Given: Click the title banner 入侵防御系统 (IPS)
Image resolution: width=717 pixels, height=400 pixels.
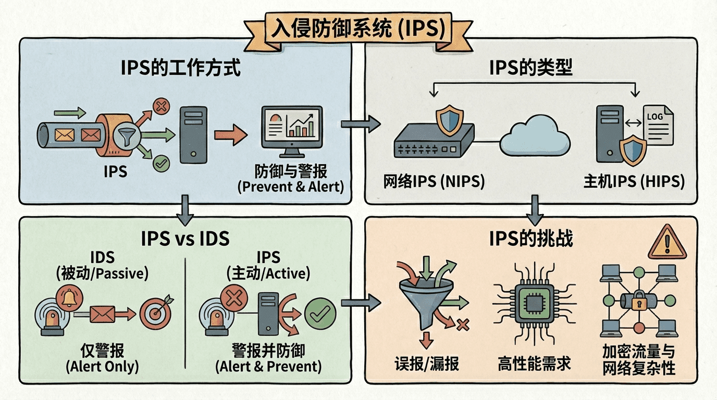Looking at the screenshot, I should pyautogui.click(x=358, y=29).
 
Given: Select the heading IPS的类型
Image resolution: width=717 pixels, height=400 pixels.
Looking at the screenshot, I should pyautogui.click(x=531, y=68).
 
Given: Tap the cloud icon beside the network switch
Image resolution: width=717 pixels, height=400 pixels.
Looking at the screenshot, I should pyautogui.click(x=535, y=137).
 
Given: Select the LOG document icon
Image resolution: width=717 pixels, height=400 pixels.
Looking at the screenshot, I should pyautogui.click(x=658, y=124).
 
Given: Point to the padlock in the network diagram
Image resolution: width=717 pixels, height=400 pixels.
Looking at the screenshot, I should pyautogui.click(x=638, y=303).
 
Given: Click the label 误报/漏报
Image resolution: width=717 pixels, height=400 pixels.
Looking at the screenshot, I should pyautogui.click(x=427, y=363).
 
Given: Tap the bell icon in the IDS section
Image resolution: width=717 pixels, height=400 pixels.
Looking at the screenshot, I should pyautogui.click(x=68, y=297).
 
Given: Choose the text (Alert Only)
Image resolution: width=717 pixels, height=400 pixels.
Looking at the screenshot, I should pyautogui.click(x=102, y=366).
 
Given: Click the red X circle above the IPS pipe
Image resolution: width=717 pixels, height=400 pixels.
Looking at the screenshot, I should pyautogui.click(x=161, y=107).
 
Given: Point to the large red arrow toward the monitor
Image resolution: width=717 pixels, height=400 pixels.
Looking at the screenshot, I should pyautogui.click(x=230, y=136).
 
